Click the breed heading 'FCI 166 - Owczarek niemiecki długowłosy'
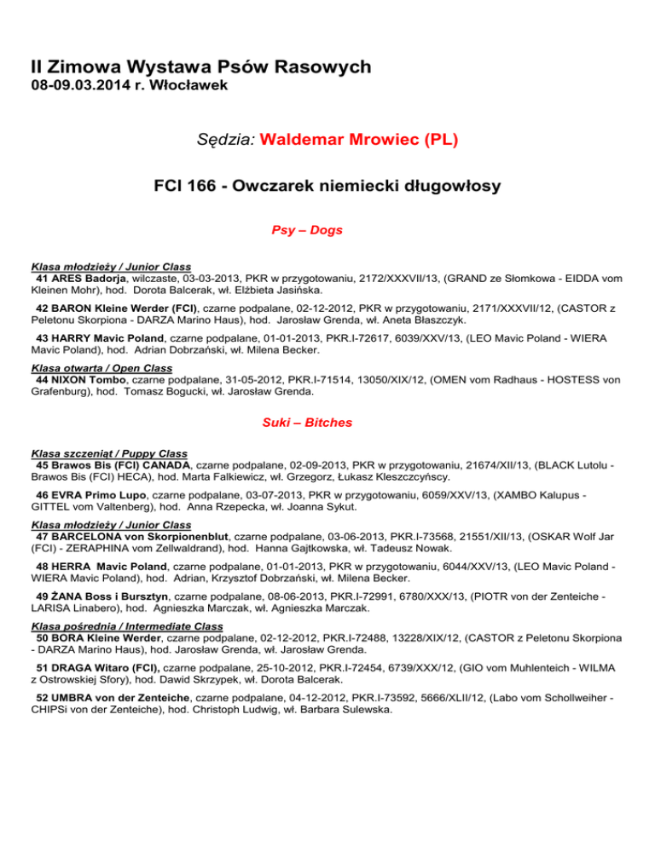click(x=327, y=185)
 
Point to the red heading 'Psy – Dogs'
click(x=327, y=229)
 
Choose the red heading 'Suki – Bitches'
click(x=327, y=422)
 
